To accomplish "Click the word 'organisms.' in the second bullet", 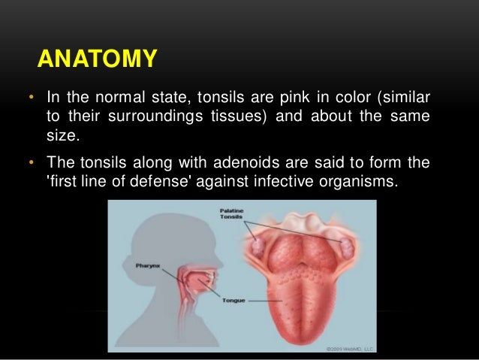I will coord(356,181).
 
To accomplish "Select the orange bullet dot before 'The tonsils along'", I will coord(31,164).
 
